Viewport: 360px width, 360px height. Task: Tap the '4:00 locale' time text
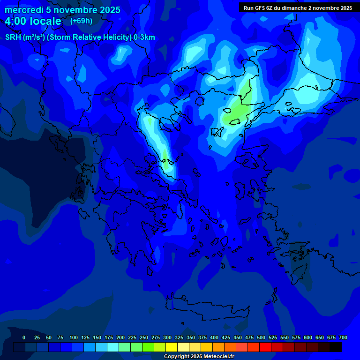[33, 21]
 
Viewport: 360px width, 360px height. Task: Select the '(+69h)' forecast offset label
[81, 21]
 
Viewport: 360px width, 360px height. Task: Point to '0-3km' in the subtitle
[144, 37]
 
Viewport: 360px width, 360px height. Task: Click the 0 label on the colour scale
[24, 337]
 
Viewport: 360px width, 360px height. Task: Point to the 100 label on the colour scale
[74, 337]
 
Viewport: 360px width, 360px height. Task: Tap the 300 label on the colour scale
[167, 337]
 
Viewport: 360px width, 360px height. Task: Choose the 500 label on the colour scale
[261, 337]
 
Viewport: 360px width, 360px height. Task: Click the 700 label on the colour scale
[343, 337]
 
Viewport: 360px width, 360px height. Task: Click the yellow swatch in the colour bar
[172, 347]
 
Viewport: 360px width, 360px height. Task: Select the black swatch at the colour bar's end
[336, 347]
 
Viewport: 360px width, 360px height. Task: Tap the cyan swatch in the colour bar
[113, 347]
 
